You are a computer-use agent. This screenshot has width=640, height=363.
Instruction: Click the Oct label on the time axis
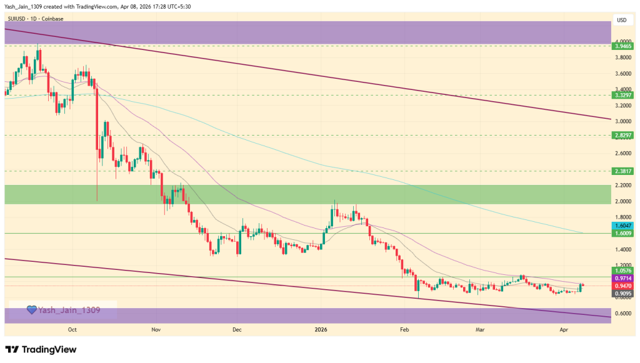(72, 329)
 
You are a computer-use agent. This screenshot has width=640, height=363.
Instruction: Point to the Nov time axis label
(156, 329)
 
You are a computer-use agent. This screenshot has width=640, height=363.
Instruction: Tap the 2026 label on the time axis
(321, 329)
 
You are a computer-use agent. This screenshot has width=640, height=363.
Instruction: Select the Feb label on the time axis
(404, 329)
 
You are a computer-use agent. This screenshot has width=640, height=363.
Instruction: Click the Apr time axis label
(564, 329)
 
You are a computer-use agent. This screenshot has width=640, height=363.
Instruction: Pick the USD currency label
(622, 20)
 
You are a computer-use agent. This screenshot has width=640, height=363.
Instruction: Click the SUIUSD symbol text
(17, 19)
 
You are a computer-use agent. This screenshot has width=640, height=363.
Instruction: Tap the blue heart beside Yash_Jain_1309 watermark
(31, 310)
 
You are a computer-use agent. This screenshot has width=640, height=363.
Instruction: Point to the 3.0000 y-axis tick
(622, 121)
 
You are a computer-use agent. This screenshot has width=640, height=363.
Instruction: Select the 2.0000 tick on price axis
(622, 201)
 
